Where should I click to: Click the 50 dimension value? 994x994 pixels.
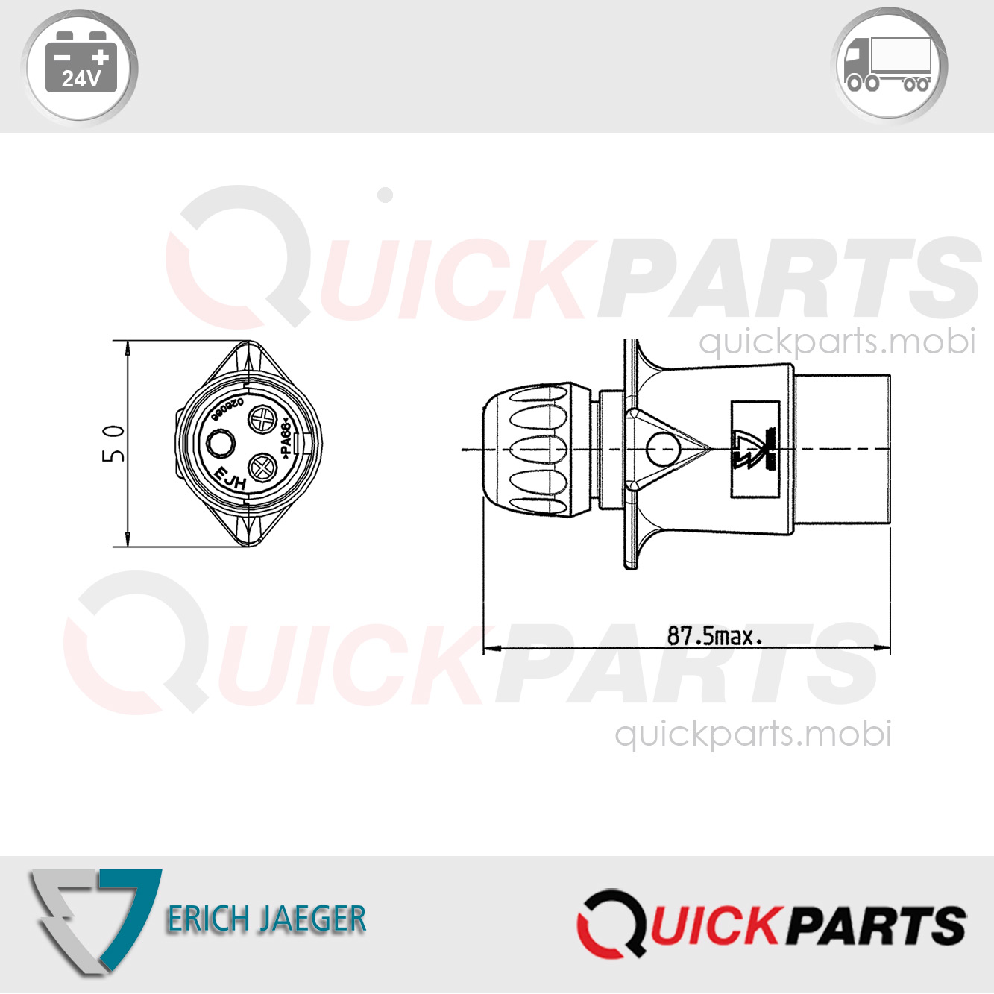pyautogui.click(x=113, y=443)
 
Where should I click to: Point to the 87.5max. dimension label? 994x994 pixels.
pyautogui.click(x=714, y=636)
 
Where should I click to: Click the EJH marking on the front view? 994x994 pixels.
pyautogui.click(x=230, y=478)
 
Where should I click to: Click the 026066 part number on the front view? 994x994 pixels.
pyautogui.click(x=227, y=409)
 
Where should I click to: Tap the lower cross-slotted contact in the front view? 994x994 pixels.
pyautogui.click(x=262, y=468)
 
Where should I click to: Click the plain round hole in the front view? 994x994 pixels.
pyautogui.click(x=220, y=444)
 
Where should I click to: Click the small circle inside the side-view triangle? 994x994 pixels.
pyautogui.click(x=662, y=449)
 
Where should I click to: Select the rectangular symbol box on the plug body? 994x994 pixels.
pyautogui.click(x=755, y=449)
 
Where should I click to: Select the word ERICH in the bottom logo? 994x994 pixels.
pyautogui.click(x=208, y=919)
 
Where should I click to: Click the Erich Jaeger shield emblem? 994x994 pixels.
pyautogui.click(x=93, y=919)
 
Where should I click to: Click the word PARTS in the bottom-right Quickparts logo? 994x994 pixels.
pyautogui.click(x=877, y=925)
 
